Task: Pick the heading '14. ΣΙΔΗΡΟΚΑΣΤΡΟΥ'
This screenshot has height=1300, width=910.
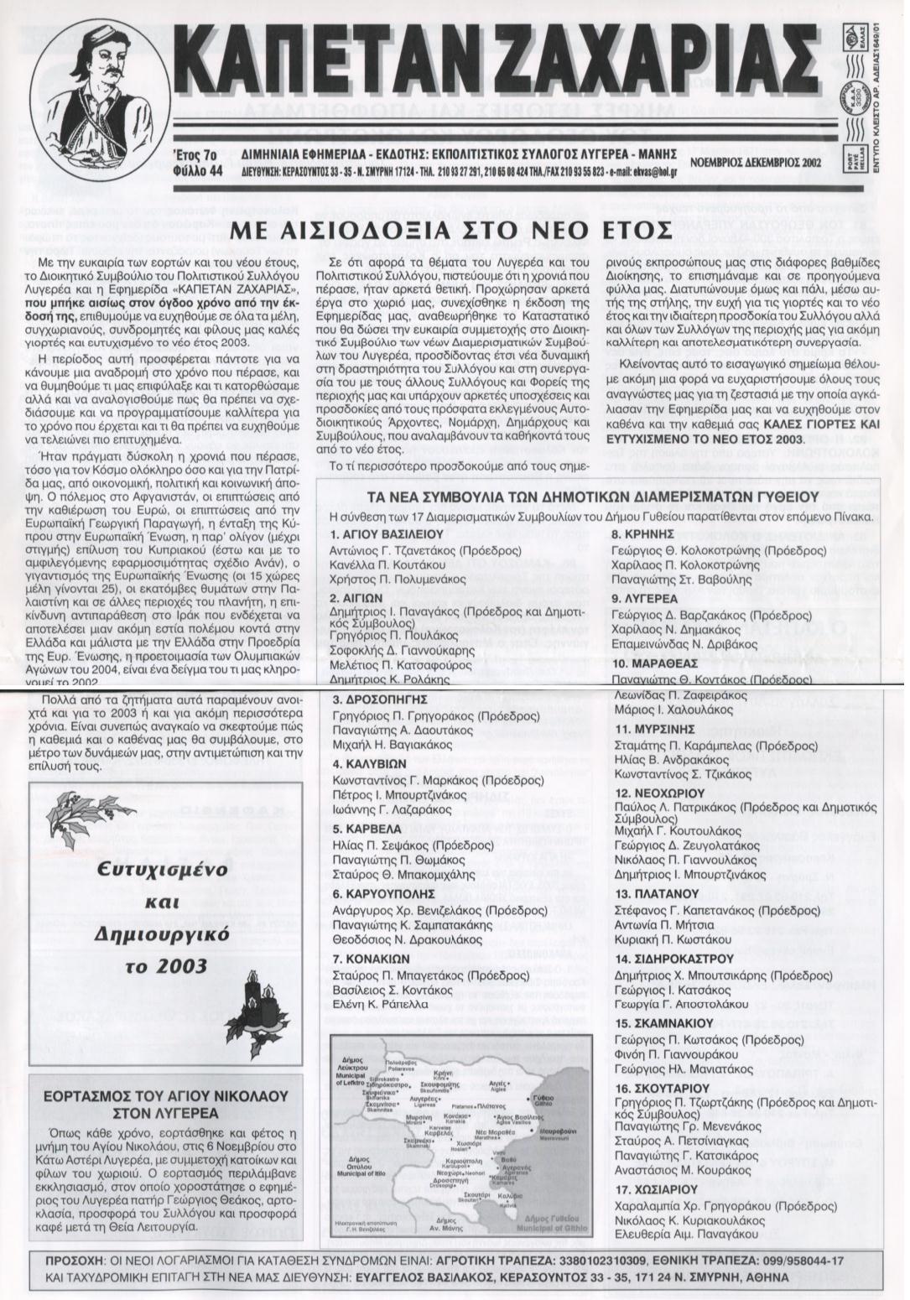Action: [674, 958]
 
